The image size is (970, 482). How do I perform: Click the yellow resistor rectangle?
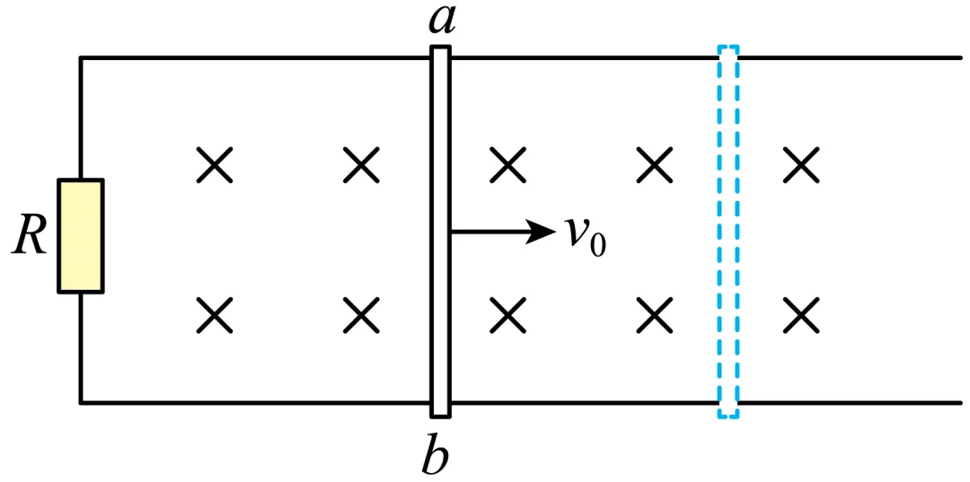81,236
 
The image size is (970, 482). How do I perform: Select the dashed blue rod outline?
728,232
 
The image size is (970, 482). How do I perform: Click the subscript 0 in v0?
597,245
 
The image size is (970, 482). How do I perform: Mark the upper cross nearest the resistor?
214,165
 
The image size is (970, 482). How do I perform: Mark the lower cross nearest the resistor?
214,314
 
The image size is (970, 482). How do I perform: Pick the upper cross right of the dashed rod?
801,165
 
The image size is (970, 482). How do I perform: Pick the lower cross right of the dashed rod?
801,314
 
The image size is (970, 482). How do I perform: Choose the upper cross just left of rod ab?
361,165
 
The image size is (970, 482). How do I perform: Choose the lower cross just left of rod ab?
361,314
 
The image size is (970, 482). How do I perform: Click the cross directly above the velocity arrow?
508,165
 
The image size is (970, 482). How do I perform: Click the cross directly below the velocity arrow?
508,314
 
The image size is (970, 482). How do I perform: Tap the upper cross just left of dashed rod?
656,165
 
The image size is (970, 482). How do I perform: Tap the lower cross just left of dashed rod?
656,314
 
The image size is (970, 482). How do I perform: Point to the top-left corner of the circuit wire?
81,58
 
